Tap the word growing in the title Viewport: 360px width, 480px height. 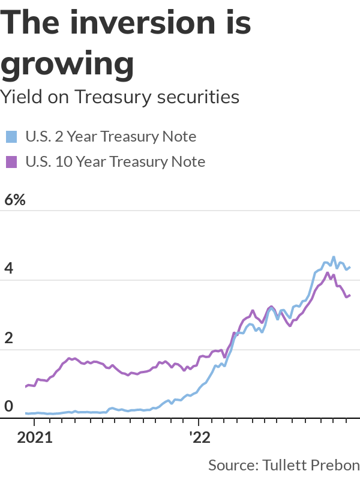pyautogui.click(x=67, y=63)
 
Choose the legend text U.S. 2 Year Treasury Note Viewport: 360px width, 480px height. pyautogui.click(x=110, y=137)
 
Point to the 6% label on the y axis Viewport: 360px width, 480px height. pyautogui.click(x=15, y=200)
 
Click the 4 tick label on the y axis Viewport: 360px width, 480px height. pyautogui.click(x=9, y=269)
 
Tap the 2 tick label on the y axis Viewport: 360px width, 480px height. pyautogui.click(x=9, y=338)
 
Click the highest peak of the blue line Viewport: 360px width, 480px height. pyautogui.click(x=334, y=257)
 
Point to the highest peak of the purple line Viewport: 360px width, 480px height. pyautogui.click(x=327, y=273)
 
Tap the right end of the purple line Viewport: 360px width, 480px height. pyautogui.click(x=350, y=295)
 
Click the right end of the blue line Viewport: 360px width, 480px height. pyautogui.click(x=350, y=268)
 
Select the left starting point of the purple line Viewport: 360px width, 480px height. pyautogui.click(x=26, y=387)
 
